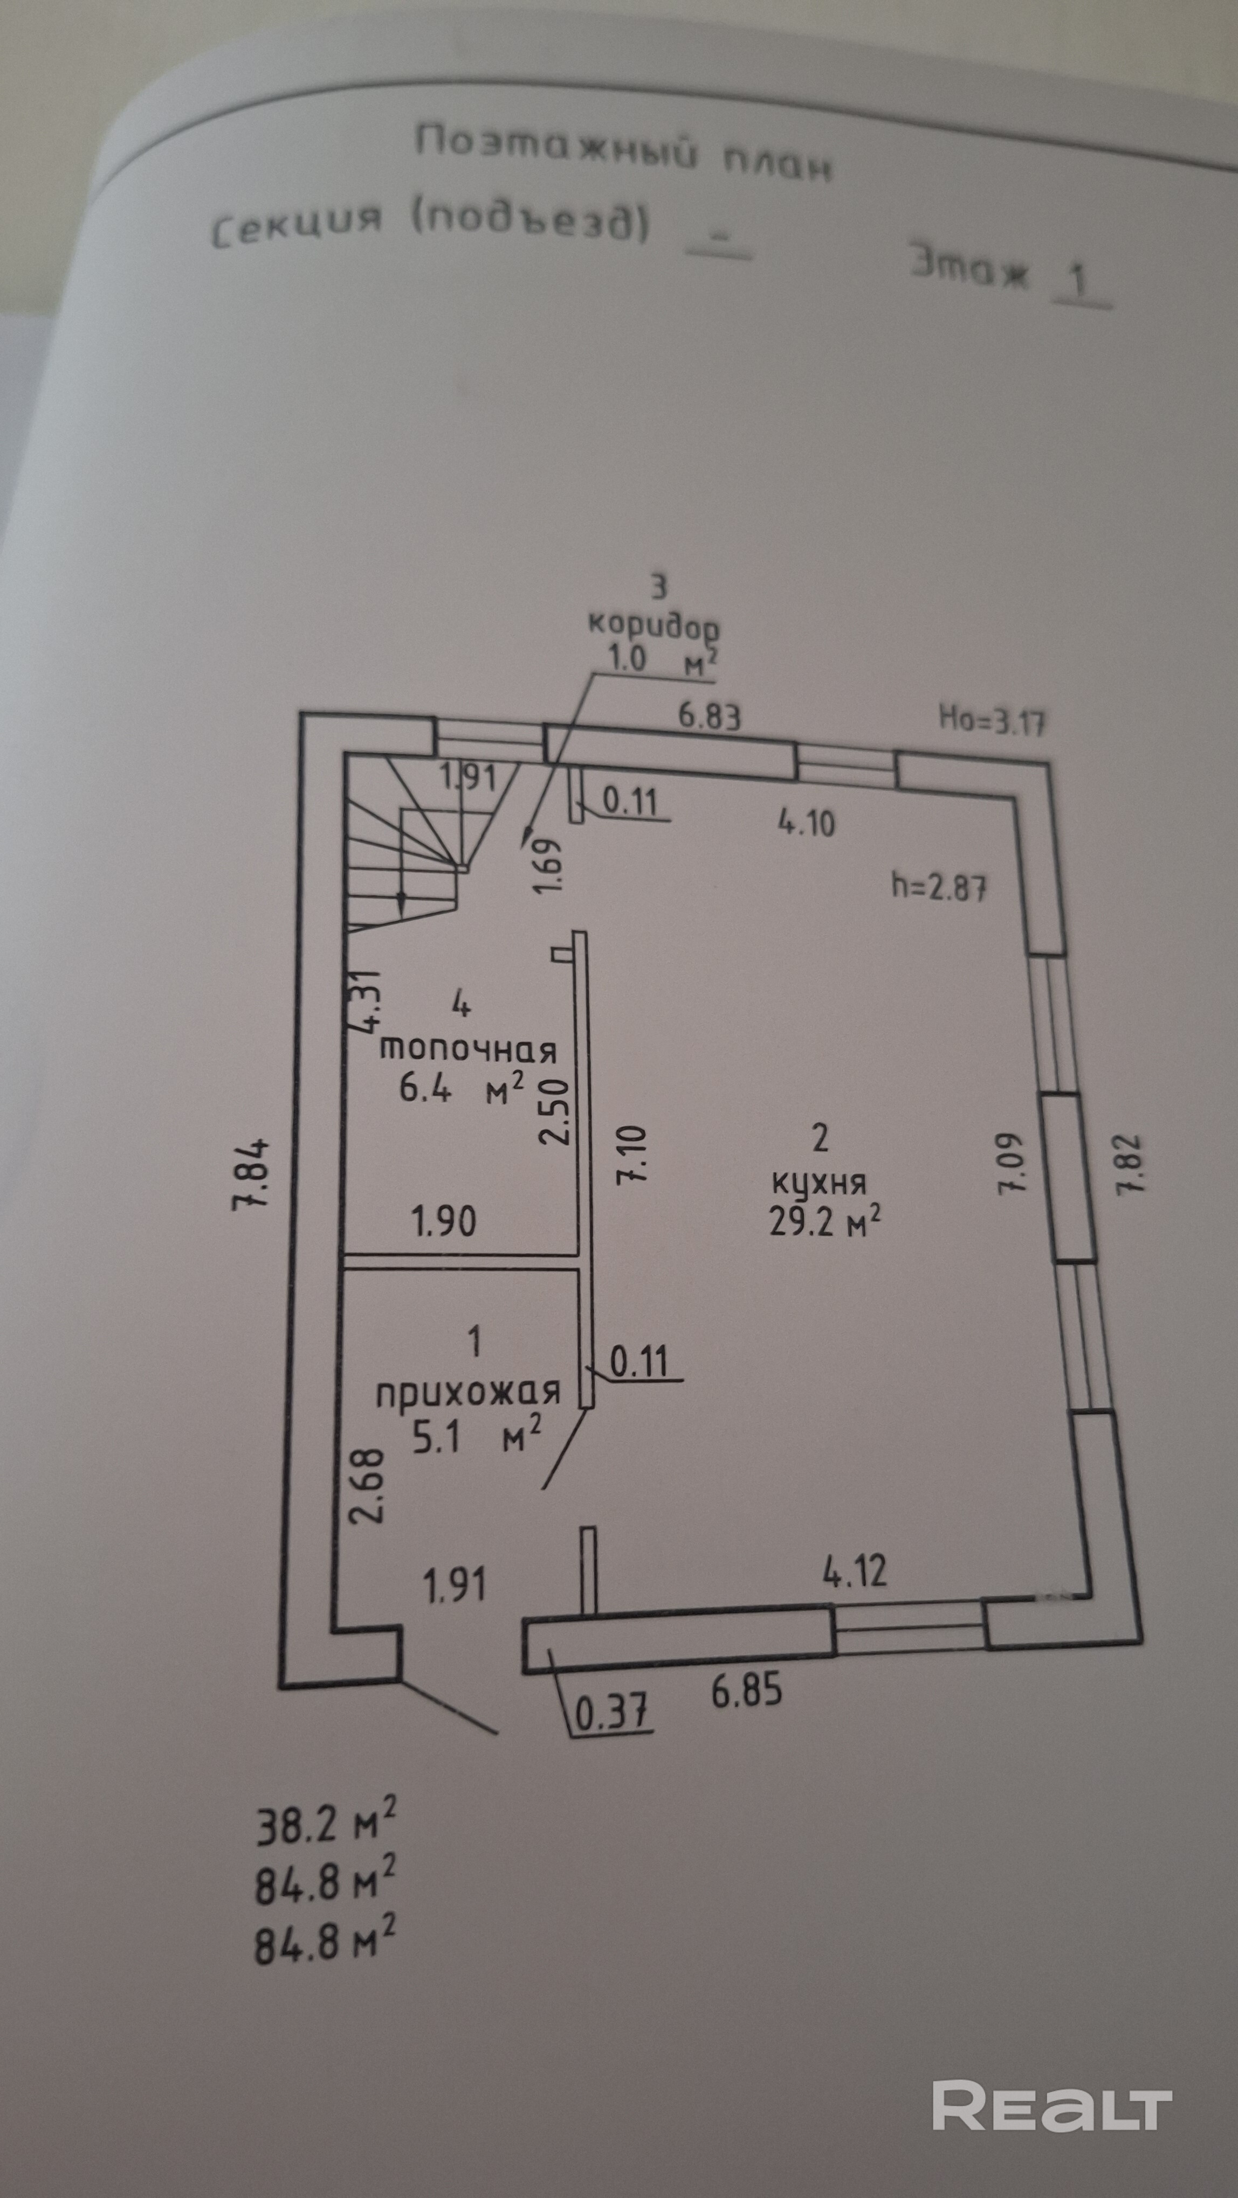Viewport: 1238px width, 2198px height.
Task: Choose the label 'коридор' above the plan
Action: [x=653, y=625]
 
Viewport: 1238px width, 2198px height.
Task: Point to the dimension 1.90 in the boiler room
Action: [x=444, y=1221]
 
